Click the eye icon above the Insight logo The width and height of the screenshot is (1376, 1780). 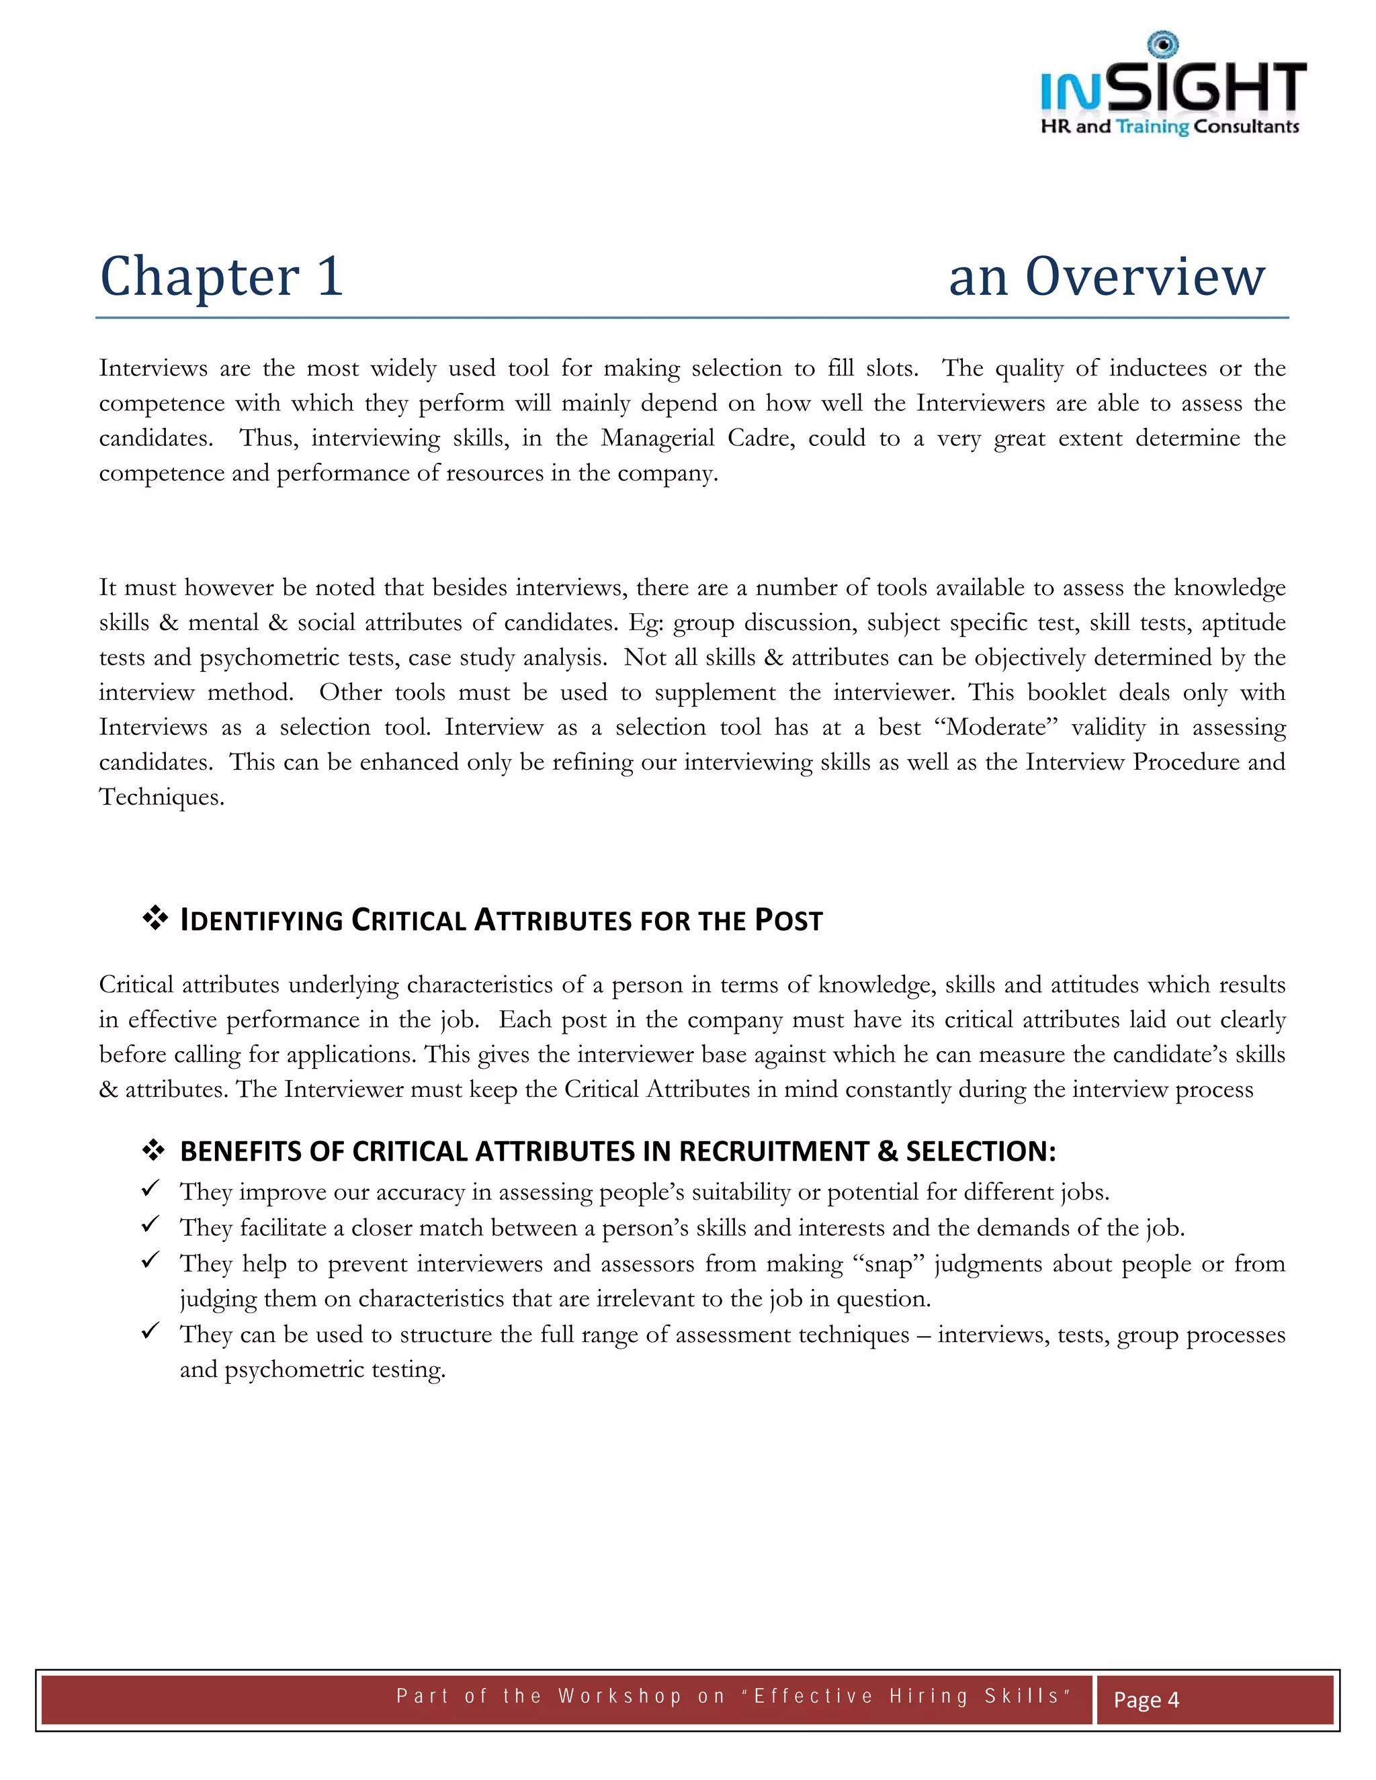tap(1162, 44)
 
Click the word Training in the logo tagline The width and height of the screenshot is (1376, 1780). tap(1152, 127)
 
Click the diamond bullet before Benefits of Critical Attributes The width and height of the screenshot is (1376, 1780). tap(154, 1150)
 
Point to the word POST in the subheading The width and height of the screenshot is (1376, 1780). tap(788, 920)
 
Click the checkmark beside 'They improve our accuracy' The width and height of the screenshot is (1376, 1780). tap(150, 1189)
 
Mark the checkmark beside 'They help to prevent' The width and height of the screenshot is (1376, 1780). tap(150, 1260)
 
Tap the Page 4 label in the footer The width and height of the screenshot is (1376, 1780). tap(1146, 1699)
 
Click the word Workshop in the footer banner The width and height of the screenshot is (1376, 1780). tap(619, 1696)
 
